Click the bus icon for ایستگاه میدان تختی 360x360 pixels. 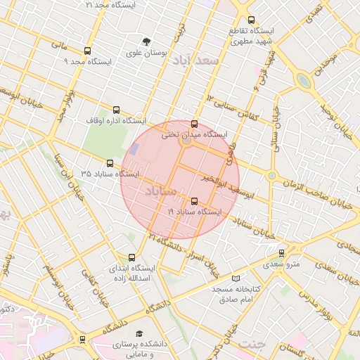pos(194,124)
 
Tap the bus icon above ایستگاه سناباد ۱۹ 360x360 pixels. pos(194,202)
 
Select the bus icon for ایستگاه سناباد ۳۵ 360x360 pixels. pos(110,163)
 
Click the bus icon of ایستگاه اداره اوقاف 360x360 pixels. pos(116,110)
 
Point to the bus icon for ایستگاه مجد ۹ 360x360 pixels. pos(87,51)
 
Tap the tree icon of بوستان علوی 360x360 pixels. pos(146,41)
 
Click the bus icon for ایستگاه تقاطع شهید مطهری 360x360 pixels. pos(252,20)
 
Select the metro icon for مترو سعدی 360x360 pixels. pos(281,253)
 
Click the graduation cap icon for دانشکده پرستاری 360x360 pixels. pos(139,333)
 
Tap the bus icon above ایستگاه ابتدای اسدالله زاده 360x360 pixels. pos(132,257)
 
